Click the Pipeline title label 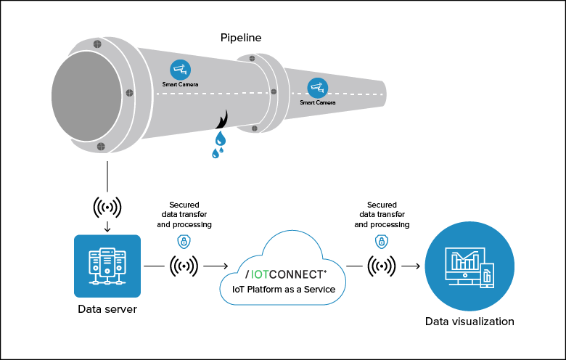click(241, 37)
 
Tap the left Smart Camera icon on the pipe click(180, 70)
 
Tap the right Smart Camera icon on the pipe click(317, 88)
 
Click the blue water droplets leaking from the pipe click(218, 143)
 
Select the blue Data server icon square click(107, 266)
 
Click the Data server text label click(107, 309)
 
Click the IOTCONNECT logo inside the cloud click(286, 274)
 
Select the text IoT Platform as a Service click(283, 289)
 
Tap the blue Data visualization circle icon click(469, 266)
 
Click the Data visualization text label click(469, 321)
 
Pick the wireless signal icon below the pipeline click(107, 207)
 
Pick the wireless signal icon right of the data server click(184, 266)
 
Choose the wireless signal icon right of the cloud click(382, 266)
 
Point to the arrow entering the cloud click(215, 266)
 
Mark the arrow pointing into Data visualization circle click(411, 266)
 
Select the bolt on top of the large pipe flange click(97, 44)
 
